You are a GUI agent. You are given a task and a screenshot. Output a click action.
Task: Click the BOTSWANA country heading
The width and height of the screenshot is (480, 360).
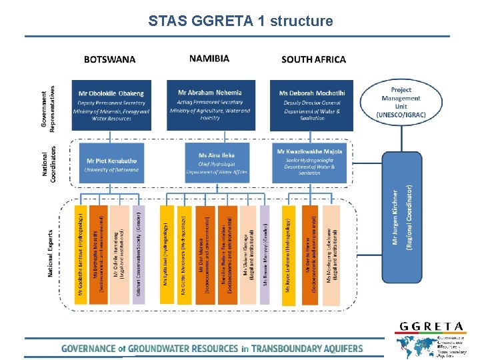(x=109, y=59)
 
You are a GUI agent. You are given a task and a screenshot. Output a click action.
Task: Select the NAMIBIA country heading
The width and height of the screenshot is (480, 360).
(x=209, y=59)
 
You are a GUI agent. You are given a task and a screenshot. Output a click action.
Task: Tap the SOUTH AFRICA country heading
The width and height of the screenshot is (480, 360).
(x=313, y=59)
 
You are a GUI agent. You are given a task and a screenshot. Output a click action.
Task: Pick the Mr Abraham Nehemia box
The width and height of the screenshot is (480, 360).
(x=209, y=105)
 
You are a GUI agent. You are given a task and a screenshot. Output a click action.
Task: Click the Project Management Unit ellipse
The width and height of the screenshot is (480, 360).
(x=401, y=102)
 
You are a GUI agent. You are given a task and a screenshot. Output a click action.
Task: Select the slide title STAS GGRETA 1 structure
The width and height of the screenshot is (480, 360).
(x=240, y=21)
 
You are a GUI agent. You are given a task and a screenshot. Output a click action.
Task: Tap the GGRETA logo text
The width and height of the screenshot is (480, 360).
(x=431, y=326)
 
